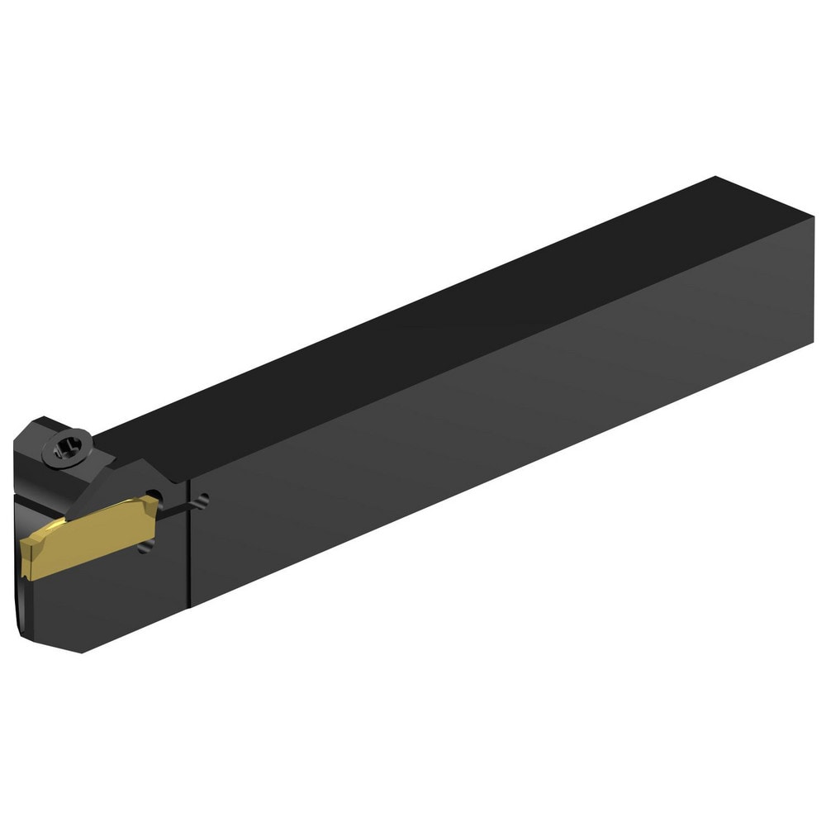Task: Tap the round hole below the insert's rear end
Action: click(x=146, y=548)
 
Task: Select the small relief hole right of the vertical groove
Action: click(x=203, y=499)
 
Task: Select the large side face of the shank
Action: click(x=496, y=430)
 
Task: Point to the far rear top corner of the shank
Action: click(x=715, y=177)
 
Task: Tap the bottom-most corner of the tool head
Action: click(x=80, y=652)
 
